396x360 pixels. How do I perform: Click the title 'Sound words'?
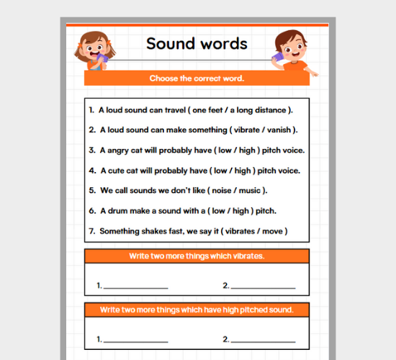pyautogui.click(x=197, y=43)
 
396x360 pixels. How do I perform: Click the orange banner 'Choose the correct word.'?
pyautogui.click(x=197, y=78)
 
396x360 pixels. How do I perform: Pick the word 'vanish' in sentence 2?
pyautogui.click(x=281, y=130)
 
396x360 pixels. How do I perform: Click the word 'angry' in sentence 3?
pyautogui.click(x=117, y=150)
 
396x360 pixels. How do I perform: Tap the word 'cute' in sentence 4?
pyautogui.click(x=115, y=171)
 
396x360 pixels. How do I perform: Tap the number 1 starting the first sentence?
pyautogui.click(x=91, y=110)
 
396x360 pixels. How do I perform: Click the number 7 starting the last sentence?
pyautogui.click(x=91, y=231)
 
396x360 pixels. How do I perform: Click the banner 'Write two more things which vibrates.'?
pyautogui.click(x=197, y=256)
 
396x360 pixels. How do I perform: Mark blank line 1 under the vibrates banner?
pyautogui.click(x=136, y=287)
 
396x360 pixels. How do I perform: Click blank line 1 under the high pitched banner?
pyautogui.click(x=136, y=341)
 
